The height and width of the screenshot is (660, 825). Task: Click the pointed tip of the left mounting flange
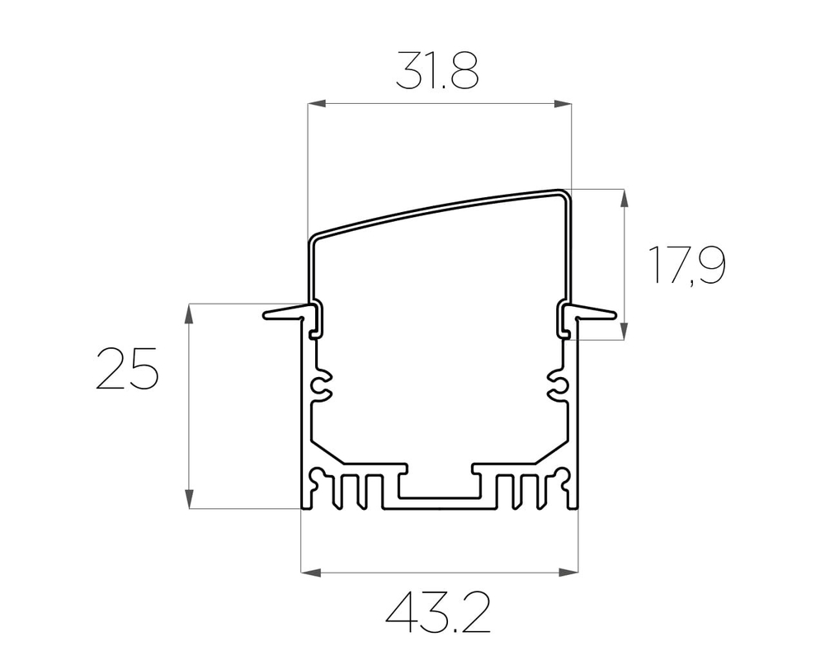click(x=267, y=314)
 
